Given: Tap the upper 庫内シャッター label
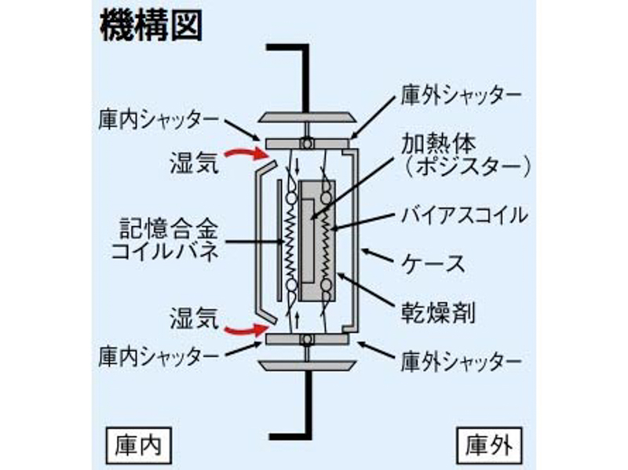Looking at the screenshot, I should click(159, 119).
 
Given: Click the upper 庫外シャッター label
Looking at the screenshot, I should click(462, 96).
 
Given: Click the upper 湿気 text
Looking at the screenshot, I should click(192, 162).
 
